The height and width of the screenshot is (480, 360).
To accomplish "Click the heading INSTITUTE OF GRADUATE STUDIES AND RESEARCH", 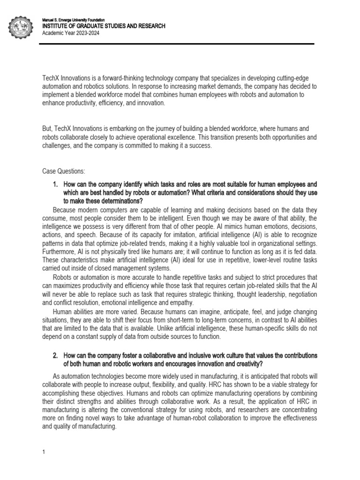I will tap(104, 26).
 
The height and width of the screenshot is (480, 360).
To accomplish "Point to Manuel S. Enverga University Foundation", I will tap(73, 20).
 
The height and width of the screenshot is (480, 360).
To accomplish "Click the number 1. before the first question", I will tap(55, 184).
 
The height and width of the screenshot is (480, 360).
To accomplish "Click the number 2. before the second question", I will tap(55, 355).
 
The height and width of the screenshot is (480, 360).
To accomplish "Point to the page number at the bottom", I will tap(44, 452).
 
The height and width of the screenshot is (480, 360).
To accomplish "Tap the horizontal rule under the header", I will tap(178, 44).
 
